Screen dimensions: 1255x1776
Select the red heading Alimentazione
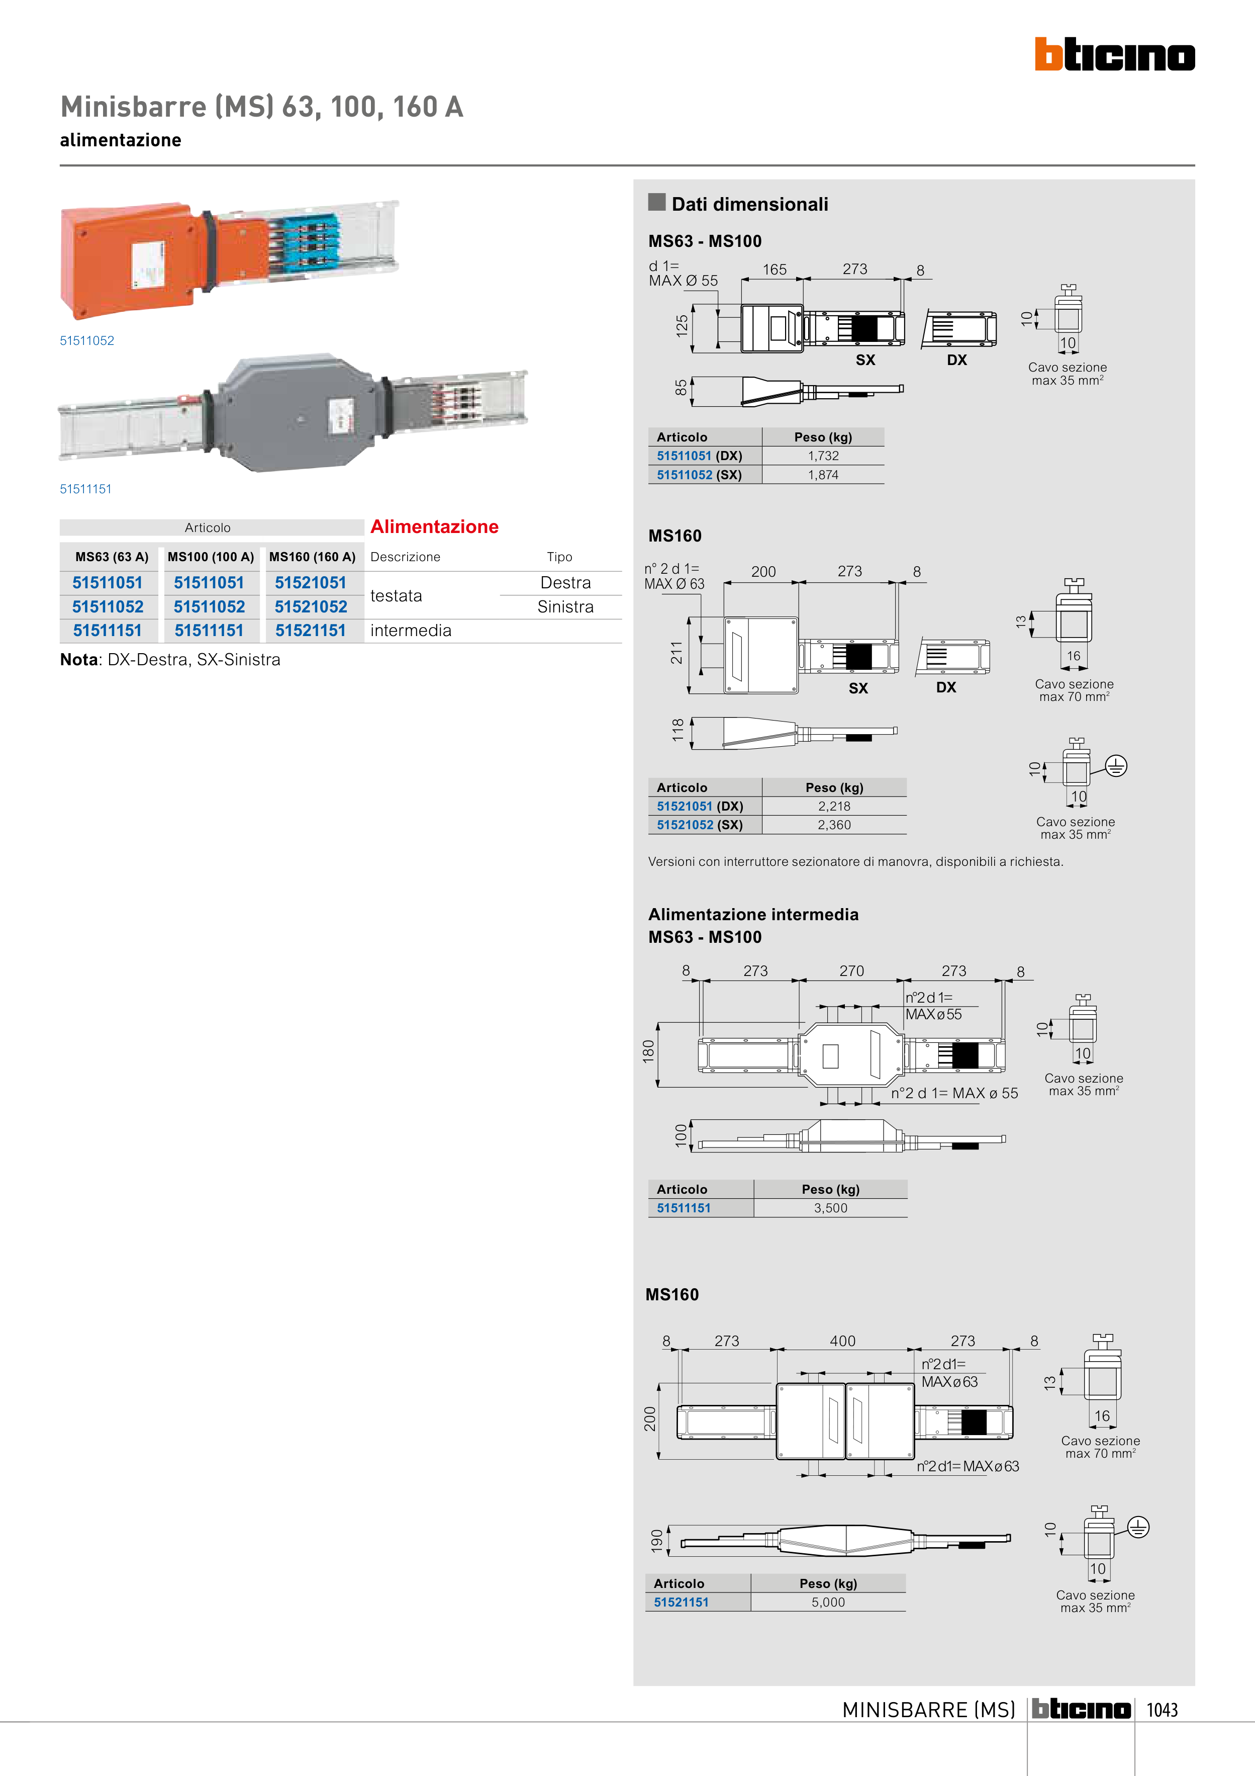pos(435,527)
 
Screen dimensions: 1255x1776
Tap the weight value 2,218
pos(834,806)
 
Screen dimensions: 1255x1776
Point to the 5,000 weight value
pos(828,1603)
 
